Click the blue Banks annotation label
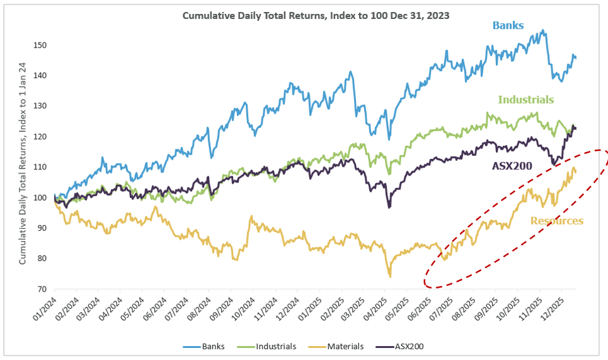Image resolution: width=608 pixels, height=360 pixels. [x=508, y=25]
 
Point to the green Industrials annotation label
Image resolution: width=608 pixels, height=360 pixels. [x=526, y=100]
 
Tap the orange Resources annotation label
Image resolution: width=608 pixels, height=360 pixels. [x=557, y=221]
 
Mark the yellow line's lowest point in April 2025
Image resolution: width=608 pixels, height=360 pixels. [x=390, y=276]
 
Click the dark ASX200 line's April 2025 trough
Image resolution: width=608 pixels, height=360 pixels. [x=389, y=207]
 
